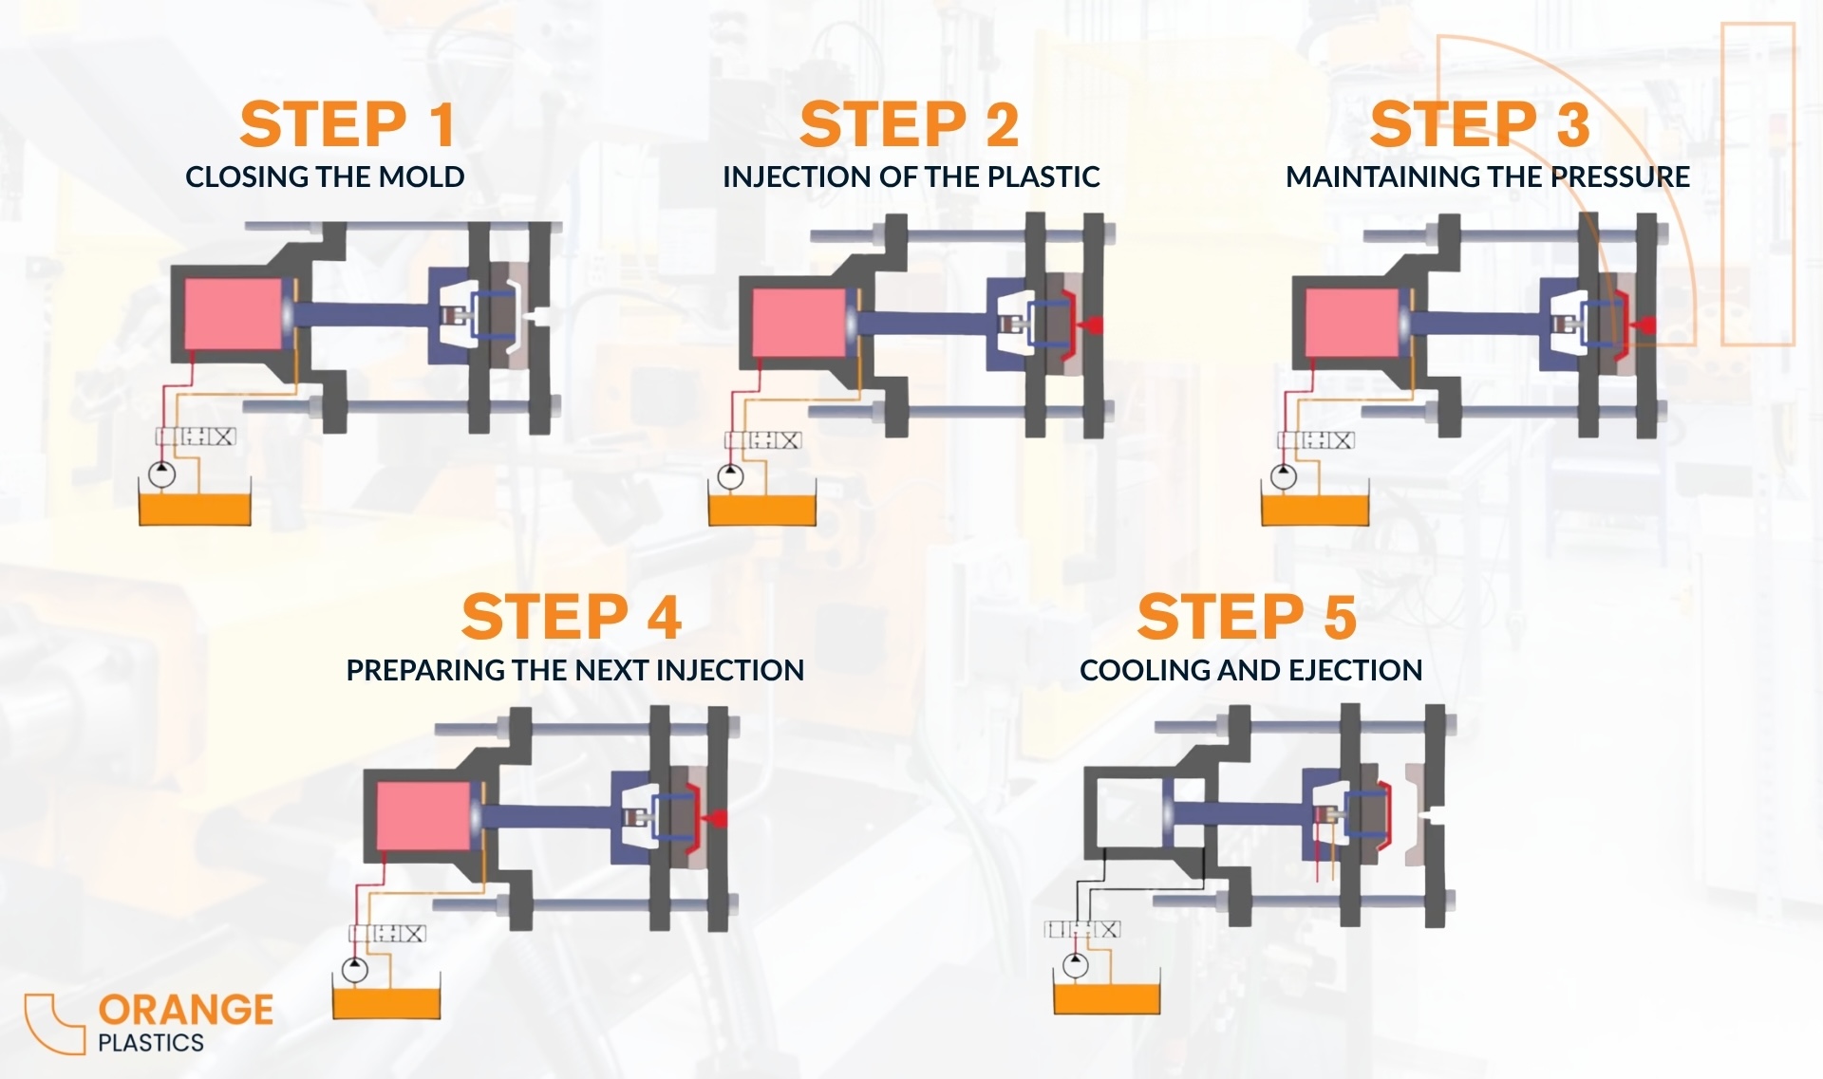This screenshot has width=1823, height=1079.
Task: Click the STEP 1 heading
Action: pos(347,124)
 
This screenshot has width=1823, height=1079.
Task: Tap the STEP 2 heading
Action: pos(910,124)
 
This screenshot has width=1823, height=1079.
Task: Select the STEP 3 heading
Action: pos(1480,124)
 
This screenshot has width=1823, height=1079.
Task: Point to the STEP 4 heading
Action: pos(572,617)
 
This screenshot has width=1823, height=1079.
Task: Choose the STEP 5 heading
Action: pos(1247,617)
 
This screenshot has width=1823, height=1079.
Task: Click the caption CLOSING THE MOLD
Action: pos(325,177)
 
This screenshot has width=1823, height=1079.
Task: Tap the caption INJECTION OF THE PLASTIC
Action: pos(911,177)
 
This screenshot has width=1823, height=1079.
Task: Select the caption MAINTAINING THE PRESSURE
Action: pos(1488,177)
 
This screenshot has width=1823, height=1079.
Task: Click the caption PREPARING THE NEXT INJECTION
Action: pos(574,670)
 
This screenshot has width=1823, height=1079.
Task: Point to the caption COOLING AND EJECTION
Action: pos(1250,670)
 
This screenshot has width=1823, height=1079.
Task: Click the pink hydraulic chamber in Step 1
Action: pos(234,313)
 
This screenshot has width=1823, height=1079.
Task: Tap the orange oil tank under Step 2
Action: pos(762,510)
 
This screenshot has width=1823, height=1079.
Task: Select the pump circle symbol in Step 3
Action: pos(1284,475)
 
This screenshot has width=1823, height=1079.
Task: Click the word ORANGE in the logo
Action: pos(186,1010)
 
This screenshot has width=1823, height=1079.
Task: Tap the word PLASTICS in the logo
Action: pos(151,1042)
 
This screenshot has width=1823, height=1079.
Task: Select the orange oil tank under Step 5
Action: pos(1107,999)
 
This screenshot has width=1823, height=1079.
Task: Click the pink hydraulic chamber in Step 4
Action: pos(423,816)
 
